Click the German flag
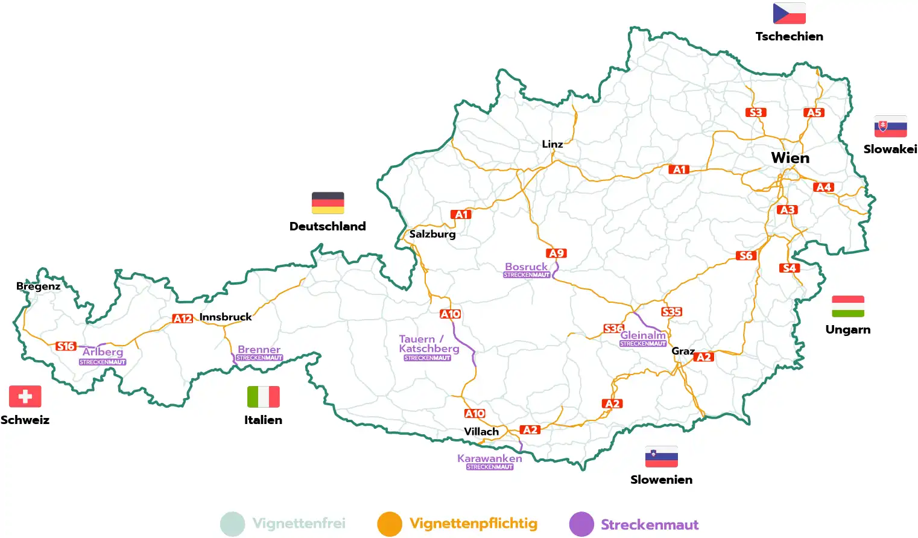pyautogui.click(x=328, y=203)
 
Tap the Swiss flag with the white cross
pyautogui.click(x=25, y=396)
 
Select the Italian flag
pyautogui.click(x=263, y=397)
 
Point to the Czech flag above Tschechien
pyautogui.click(x=789, y=13)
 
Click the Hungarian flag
pyautogui.click(x=847, y=306)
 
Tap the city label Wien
pyautogui.click(x=790, y=158)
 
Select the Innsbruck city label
pyautogui.click(x=226, y=317)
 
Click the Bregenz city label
pyautogui.click(x=38, y=286)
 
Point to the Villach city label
pyautogui.click(x=481, y=432)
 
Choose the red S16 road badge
pyautogui.click(x=66, y=346)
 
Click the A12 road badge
pyautogui.click(x=183, y=318)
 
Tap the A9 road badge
pyautogui.click(x=556, y=253)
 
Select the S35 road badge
pyautogui.click(x=671, y=312)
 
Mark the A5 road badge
pyautogui.click(x=814, y=113)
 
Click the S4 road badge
pyautogui.click(x=789, y=268)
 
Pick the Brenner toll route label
pyautogui.click(x=259, y=349)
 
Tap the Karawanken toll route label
pyautogui.click(x=489, y=458)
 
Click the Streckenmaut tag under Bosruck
pyautogui.click(x=527, y=275)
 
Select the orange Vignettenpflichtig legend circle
pyautogui.click(x=390, y=524)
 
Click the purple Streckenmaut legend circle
pyautogui.click(x=581, y=524)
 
